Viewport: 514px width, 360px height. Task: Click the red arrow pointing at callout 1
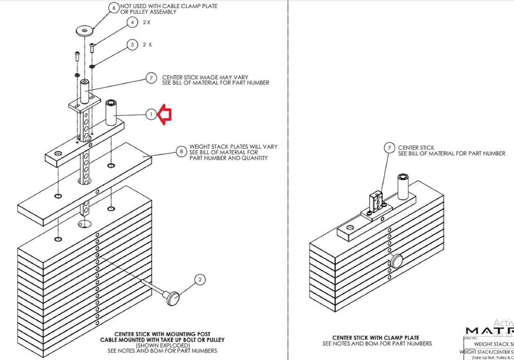click(165, 114)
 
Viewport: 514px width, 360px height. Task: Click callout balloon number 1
click(151, 114)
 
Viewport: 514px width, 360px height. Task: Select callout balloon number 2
click(200, 280)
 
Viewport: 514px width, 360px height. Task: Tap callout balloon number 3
click(132, 45)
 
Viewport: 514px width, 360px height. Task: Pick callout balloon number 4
click(132, 23)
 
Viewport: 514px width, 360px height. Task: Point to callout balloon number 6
click(114, 8)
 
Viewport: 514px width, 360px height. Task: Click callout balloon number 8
click(181, 151)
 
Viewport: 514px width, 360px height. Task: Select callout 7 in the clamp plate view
click(389, 148)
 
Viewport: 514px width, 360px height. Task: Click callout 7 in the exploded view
click(151, 78)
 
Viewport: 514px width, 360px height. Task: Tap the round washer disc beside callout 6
click(85, 30)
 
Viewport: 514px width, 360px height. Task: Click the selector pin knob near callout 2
click(173, 298)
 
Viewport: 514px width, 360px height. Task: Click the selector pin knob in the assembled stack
click(397, 261)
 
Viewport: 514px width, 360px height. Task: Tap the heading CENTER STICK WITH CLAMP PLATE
click(376, 338)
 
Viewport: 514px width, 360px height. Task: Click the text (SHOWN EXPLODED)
click(163, 345)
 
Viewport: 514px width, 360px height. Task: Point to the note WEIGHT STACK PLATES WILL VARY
click(233, 147)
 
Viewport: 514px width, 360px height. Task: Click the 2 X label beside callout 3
click(147, 45)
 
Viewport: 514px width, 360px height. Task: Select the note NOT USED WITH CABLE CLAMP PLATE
click(169, 6)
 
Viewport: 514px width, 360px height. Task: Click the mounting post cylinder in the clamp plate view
click(403, 186)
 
